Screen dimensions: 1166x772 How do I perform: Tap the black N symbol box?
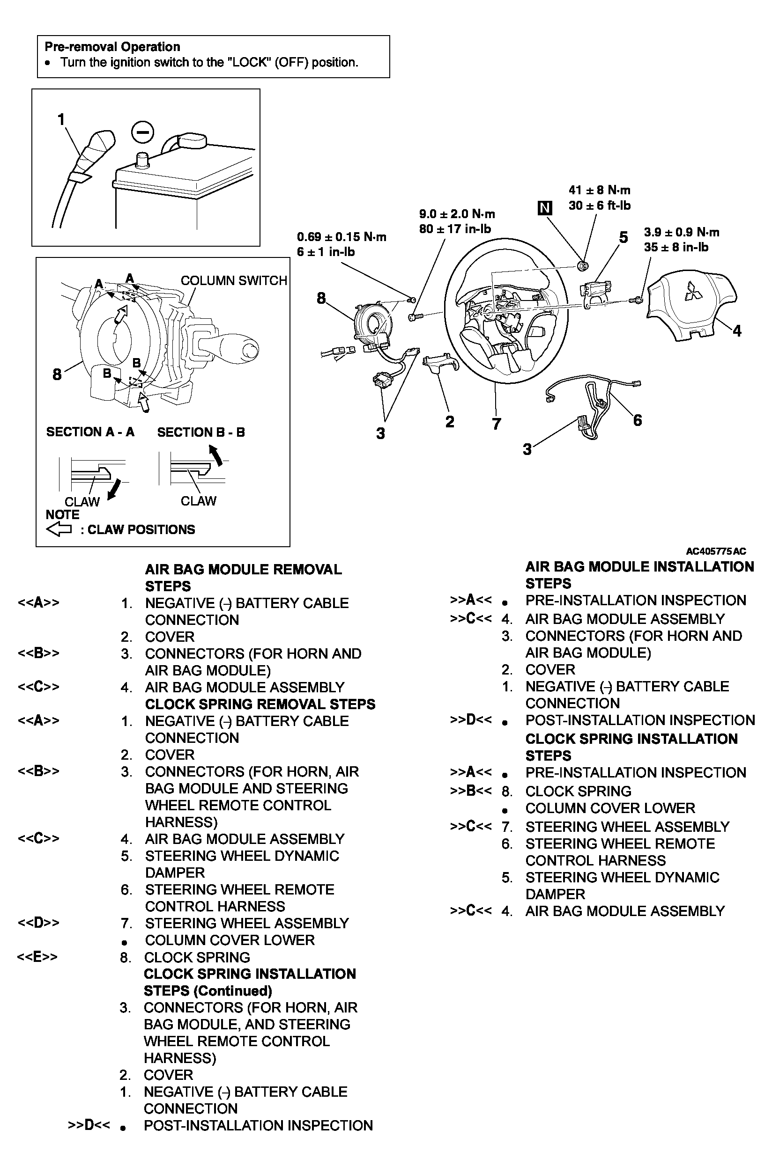point(544,208)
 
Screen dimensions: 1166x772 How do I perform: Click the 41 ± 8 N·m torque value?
point(599,191)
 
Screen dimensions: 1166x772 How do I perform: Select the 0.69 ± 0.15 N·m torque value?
point(341,237)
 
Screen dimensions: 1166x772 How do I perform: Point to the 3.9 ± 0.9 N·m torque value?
point(681,232)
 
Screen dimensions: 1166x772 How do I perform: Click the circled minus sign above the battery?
point(143,132)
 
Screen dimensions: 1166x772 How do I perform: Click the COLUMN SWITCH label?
point(233,280)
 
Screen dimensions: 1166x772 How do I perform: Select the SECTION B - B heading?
point(201,432)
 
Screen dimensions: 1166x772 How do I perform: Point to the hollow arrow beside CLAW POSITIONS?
point(59,529)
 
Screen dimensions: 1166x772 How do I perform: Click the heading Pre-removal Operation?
point(112,47)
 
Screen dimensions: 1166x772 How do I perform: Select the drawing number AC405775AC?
point(715,551)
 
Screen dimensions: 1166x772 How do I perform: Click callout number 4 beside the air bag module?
point(736,330)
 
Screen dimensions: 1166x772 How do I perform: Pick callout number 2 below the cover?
point(450,422)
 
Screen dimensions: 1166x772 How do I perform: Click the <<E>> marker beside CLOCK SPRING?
point(37,957)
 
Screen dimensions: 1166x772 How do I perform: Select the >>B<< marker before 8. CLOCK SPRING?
point(470,791)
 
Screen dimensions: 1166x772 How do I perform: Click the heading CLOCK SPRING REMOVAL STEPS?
point(260,704)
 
